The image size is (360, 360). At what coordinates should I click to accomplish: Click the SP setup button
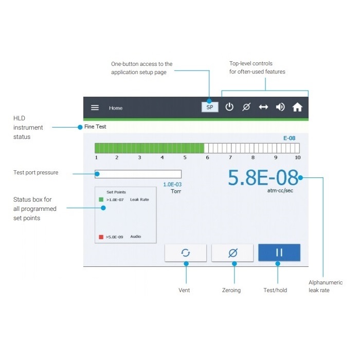(x=210, y=107)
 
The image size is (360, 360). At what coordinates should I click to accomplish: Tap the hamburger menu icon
(x=95, y=107)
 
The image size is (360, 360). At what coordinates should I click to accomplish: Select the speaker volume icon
(x=280, y=107)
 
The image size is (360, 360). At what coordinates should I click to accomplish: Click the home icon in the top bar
(x=297, y=107)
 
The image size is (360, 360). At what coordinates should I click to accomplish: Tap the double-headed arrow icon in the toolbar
(x=263, y=107)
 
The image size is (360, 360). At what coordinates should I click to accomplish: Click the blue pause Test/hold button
(x=279, y=253)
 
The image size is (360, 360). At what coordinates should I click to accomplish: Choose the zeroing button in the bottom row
(x=233, y=253)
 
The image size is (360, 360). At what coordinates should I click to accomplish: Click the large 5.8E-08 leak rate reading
(x=263, y=178)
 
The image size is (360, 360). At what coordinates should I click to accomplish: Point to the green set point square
(x=101, y=200)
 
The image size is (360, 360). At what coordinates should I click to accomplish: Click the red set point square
(x=101, y=237)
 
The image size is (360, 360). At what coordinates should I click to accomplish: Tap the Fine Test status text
(x=95, y=126)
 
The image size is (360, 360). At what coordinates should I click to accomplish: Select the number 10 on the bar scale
(x=297, y=157)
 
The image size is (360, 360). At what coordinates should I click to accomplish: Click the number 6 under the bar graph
(x=207, y=157)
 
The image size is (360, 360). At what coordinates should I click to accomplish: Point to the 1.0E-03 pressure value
(x=172, y=184)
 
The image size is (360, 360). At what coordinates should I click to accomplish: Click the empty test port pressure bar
(x=138, y=174)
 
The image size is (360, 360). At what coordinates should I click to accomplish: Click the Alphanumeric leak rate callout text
(x=325, y=286)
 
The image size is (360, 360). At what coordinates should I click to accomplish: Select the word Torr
(x=176, y=191)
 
